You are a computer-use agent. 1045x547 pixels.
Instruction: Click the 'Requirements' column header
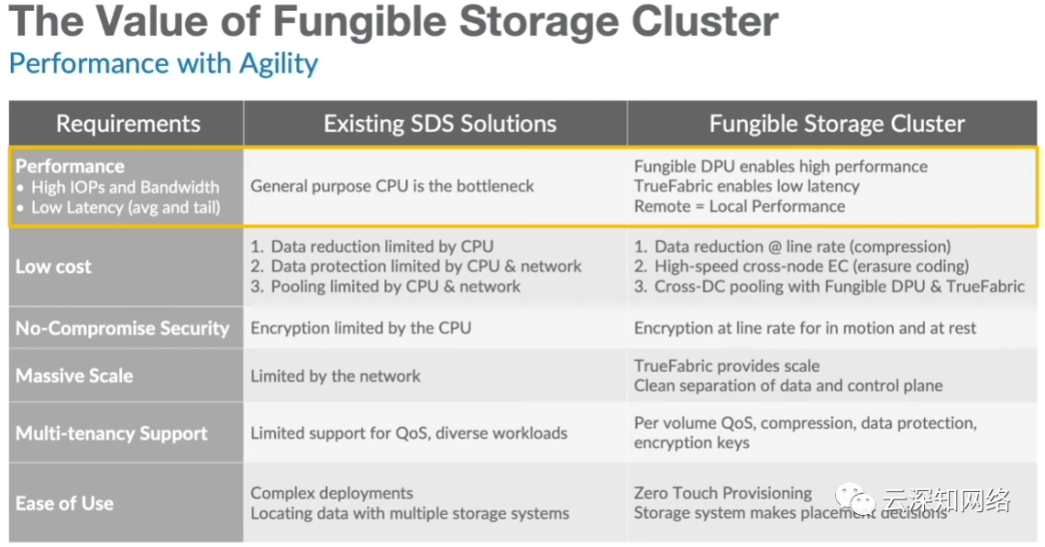[128, 123]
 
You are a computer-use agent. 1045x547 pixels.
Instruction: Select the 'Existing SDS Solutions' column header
[440, 123]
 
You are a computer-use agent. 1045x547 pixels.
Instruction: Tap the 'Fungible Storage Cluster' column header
[836, 123]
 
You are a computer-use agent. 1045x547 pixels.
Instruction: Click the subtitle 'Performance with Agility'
[164, 64]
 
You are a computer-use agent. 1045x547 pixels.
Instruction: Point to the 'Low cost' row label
[53, 267]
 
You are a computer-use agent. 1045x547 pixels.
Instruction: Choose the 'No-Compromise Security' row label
[122, 328]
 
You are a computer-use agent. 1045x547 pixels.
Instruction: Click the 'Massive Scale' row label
[74, 376]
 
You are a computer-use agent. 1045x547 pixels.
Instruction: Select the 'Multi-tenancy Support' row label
[111, 434]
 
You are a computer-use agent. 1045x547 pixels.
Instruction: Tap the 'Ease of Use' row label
[64, 503]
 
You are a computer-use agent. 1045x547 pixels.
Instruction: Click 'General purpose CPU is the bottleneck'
[392, 186]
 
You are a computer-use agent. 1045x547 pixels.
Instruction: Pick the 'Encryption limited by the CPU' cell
[361, 328]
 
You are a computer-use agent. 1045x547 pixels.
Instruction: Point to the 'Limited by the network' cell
[335, 377]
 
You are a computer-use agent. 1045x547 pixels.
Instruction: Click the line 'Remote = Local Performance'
[739, 207]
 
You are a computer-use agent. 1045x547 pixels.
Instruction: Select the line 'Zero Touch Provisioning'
[723, 493]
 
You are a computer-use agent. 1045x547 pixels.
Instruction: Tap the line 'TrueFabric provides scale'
[727, 366]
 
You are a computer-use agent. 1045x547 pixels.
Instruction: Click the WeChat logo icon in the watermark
[855, 499]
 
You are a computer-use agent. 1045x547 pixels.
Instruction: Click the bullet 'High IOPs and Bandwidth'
[125, 188]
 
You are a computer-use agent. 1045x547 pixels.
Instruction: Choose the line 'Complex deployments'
[331, 494]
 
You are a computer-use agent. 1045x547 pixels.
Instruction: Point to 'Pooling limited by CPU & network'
[395, 287]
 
